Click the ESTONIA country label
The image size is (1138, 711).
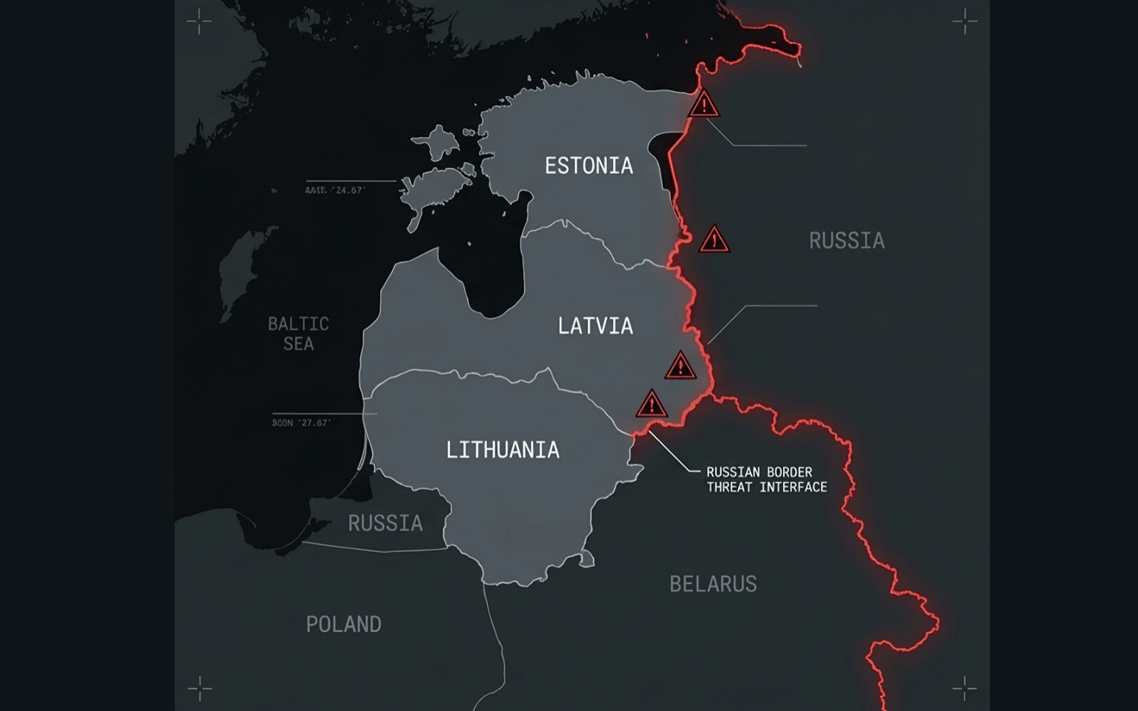[588, 166]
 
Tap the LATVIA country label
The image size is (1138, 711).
[595, 326]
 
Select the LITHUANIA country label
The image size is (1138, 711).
[502, 450]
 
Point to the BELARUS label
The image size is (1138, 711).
[713, 584]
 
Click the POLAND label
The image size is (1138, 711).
[343, 624]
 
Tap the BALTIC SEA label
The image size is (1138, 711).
[298, 333]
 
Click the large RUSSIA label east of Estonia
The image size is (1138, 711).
[847, 240]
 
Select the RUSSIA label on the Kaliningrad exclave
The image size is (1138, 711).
[385, 523]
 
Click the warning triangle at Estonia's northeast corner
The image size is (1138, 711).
[704, 105]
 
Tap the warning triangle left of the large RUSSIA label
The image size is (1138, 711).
[714, 240]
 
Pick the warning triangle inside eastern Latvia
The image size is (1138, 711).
[680, 367]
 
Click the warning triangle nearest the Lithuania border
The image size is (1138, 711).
[651, 405]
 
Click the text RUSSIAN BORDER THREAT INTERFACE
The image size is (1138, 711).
[766, 479]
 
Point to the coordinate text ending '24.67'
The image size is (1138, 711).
[335, 191]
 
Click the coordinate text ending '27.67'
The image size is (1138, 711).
[301, 423]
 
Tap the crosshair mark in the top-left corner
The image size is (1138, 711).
[199, 21]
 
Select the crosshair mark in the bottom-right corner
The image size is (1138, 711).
[965, 688]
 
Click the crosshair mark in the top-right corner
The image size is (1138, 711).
[965, 21]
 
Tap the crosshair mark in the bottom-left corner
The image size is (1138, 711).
[199, 688]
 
